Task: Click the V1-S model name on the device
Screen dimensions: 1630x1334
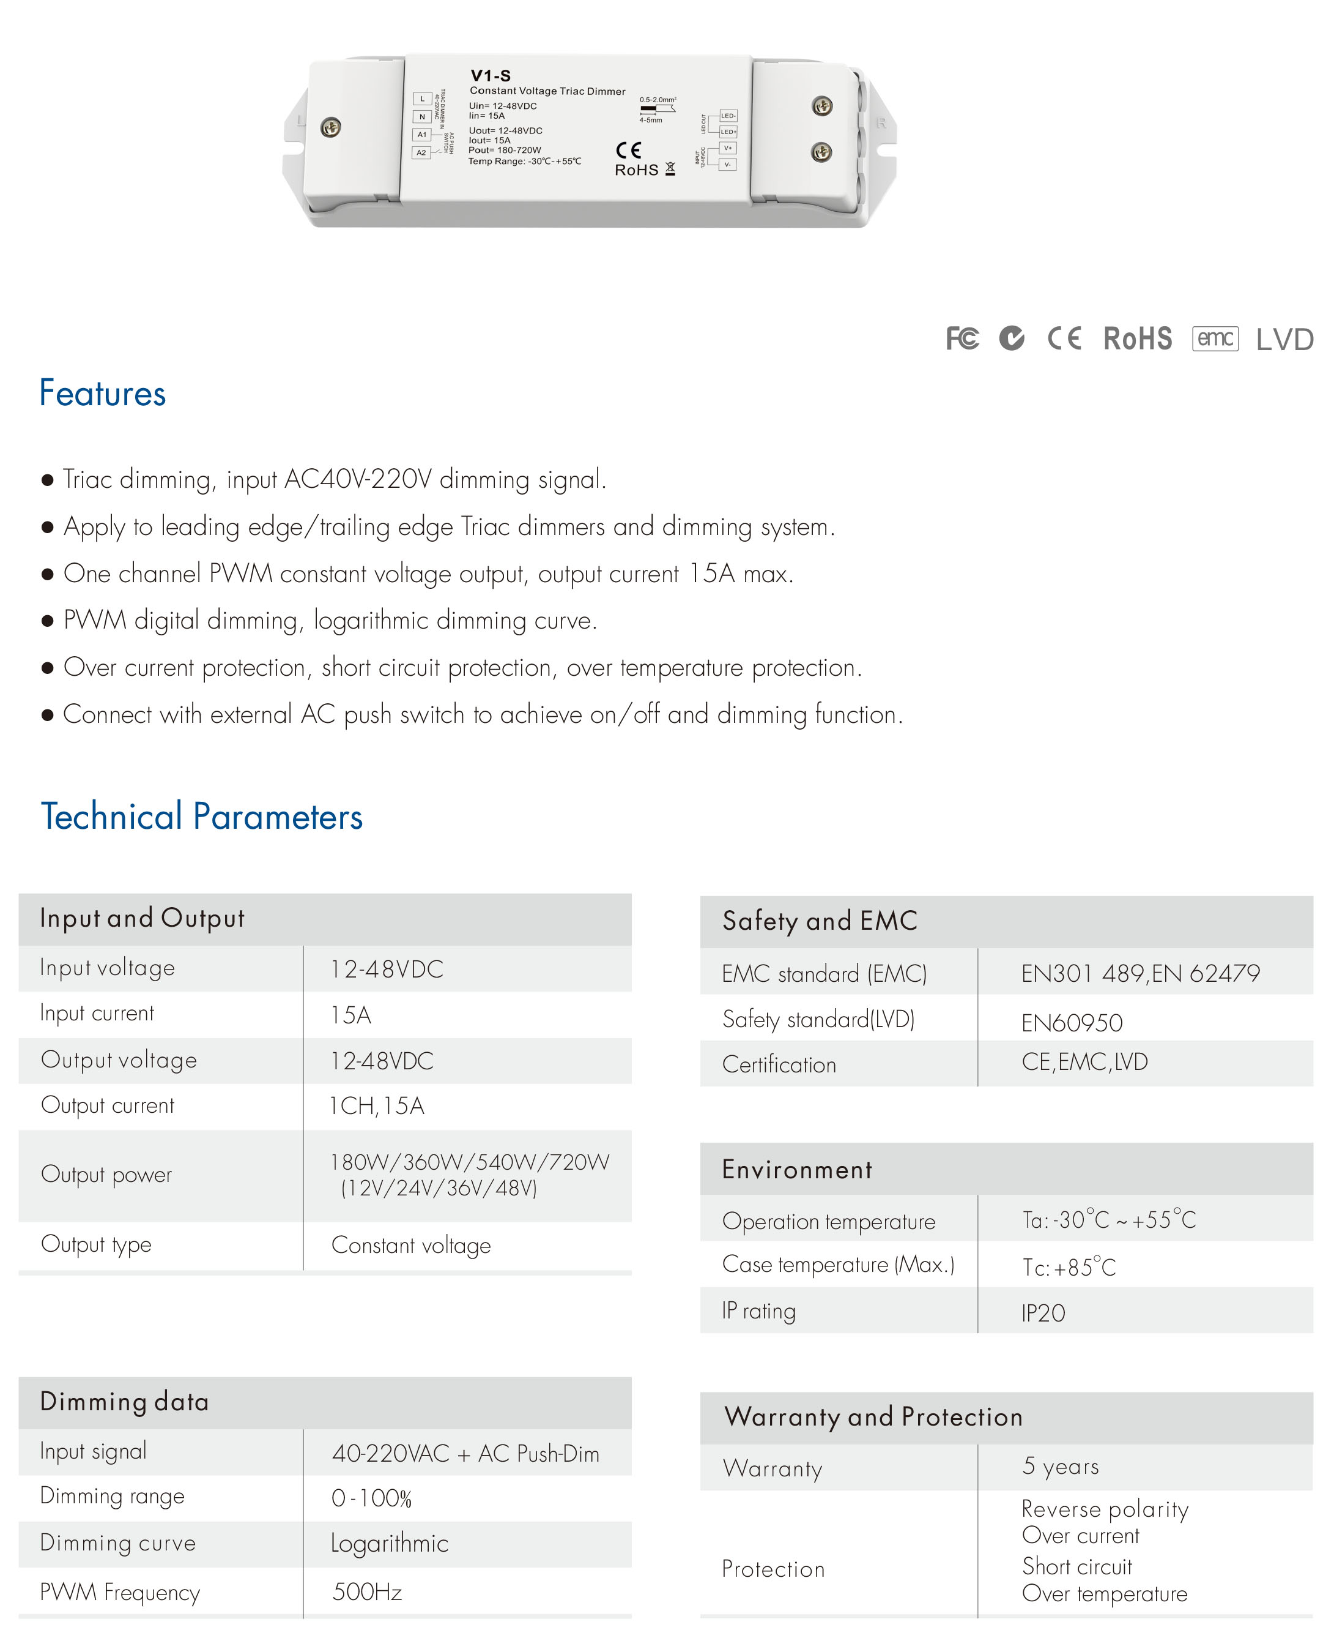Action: point(491,75)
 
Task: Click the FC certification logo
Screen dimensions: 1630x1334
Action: point(962,338)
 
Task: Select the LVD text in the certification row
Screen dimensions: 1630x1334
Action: point(1284,340)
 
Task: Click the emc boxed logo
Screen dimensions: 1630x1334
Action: point(1215,338)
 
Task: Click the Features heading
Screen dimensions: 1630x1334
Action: point(102,394)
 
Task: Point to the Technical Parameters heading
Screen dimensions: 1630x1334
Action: point(201,817)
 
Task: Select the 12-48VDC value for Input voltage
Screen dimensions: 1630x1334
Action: point(387,969)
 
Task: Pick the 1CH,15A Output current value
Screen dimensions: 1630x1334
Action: point(377,1105)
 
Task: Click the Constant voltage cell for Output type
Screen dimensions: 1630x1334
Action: point(410,1245)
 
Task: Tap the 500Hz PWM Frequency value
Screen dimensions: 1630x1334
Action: point(366,1591)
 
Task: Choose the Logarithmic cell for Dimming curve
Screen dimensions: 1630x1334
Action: point(389,1543)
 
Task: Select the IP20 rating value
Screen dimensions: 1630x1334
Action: point(1043,1312)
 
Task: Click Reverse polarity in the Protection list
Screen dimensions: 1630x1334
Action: point(1104,1509)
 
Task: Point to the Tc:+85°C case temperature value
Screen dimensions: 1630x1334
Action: point(1068,1267)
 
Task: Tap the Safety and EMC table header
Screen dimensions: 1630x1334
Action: point(819,921)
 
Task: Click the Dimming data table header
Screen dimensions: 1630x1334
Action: point(125,1402)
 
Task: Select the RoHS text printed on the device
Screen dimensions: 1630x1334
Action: point(636,170)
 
